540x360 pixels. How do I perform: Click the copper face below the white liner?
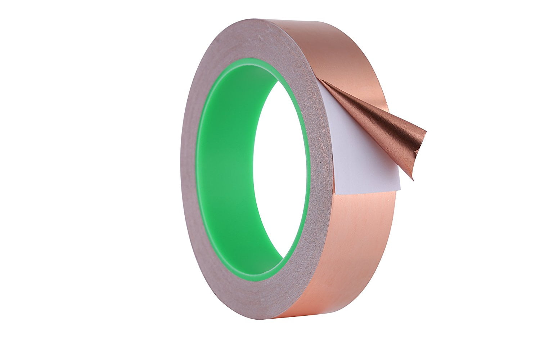[x=360, y=245]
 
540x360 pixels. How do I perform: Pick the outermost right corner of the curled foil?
[x=426, y=132]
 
